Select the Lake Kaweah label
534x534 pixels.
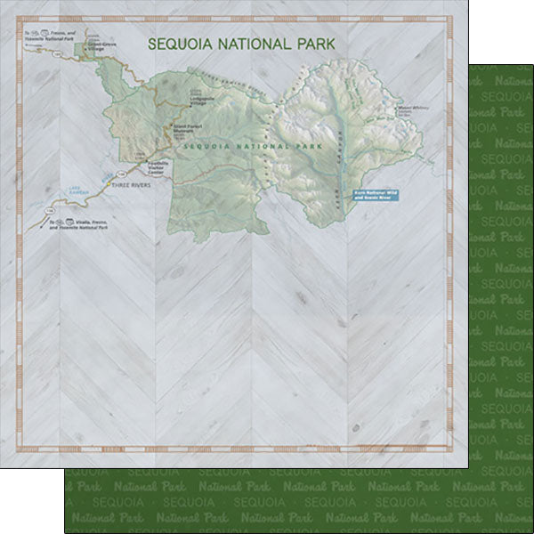(x=69, y=190)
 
